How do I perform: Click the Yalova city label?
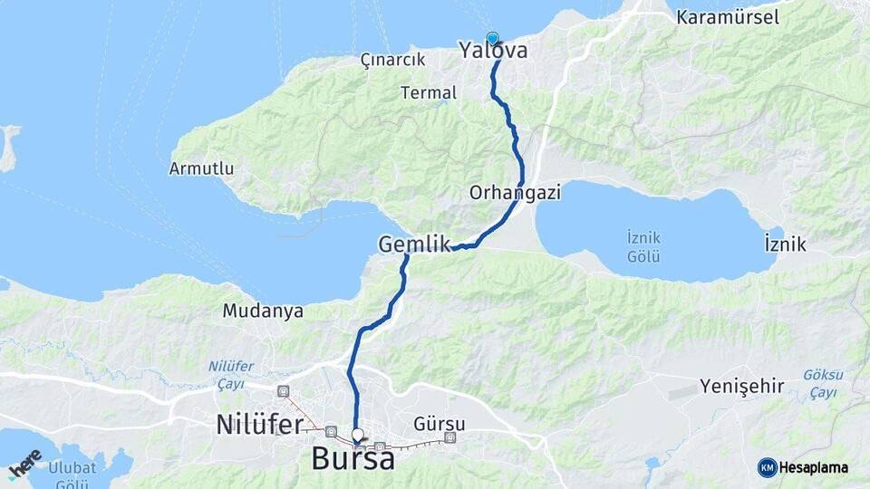(x=494, y=51)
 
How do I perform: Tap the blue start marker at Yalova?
(x=493, y=39)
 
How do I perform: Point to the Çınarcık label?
(x=392, y=60)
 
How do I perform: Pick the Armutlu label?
(x=201, y=168)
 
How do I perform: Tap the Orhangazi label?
(x=516, y=193)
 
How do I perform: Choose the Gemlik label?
(x=414, y=244)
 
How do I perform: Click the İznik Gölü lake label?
(x=643, y=246)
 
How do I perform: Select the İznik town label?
(x=785, y=244)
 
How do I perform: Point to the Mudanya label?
(x=263, y=312)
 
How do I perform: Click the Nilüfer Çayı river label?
(x=231, y=375)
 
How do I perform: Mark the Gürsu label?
(x=439, y=424)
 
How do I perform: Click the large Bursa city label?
(x=353, y=459)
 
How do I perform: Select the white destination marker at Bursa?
(x=358, y=435)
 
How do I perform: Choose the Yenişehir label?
(x=741, y=387)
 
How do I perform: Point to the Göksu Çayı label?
(x=823, y=383)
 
